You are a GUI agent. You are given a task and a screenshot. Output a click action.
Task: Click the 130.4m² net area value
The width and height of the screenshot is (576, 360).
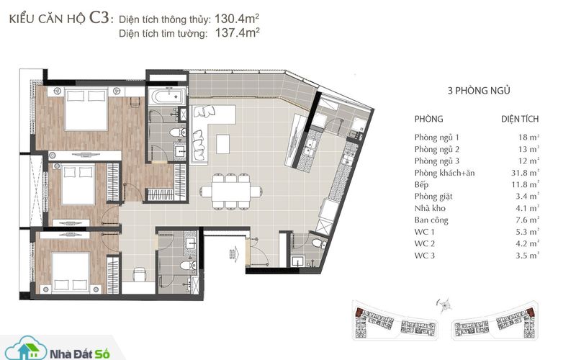237,19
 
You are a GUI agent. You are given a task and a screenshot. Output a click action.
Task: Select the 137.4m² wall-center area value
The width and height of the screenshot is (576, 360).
238,32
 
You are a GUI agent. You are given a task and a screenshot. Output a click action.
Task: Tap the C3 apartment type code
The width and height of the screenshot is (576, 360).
99,17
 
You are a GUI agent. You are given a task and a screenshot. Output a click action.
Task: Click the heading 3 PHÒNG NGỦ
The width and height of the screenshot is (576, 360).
479,91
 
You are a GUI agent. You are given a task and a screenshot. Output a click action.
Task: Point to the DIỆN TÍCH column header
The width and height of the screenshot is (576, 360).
520,119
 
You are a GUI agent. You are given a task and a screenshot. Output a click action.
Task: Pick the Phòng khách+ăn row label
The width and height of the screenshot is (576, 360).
444,173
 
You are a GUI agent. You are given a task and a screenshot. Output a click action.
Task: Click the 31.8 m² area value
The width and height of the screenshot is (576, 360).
526,173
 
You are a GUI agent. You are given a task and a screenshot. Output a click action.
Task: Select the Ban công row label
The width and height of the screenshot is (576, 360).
431,220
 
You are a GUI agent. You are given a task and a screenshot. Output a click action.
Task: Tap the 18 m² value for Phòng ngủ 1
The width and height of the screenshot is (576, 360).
528,138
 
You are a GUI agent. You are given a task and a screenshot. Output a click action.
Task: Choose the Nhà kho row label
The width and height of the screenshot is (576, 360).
430,208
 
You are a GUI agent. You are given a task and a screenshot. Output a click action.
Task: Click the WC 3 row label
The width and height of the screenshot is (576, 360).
424,256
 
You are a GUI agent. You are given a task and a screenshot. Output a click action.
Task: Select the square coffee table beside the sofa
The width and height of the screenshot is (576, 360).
223,144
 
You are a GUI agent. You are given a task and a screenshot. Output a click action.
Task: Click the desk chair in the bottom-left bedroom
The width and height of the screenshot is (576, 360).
139,274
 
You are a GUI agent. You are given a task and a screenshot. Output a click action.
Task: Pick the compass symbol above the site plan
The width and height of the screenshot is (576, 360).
445,305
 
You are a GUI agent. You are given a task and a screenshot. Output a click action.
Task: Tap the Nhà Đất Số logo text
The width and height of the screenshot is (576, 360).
80,354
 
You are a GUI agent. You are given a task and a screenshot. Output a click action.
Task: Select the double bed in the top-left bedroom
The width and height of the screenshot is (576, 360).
86,109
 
